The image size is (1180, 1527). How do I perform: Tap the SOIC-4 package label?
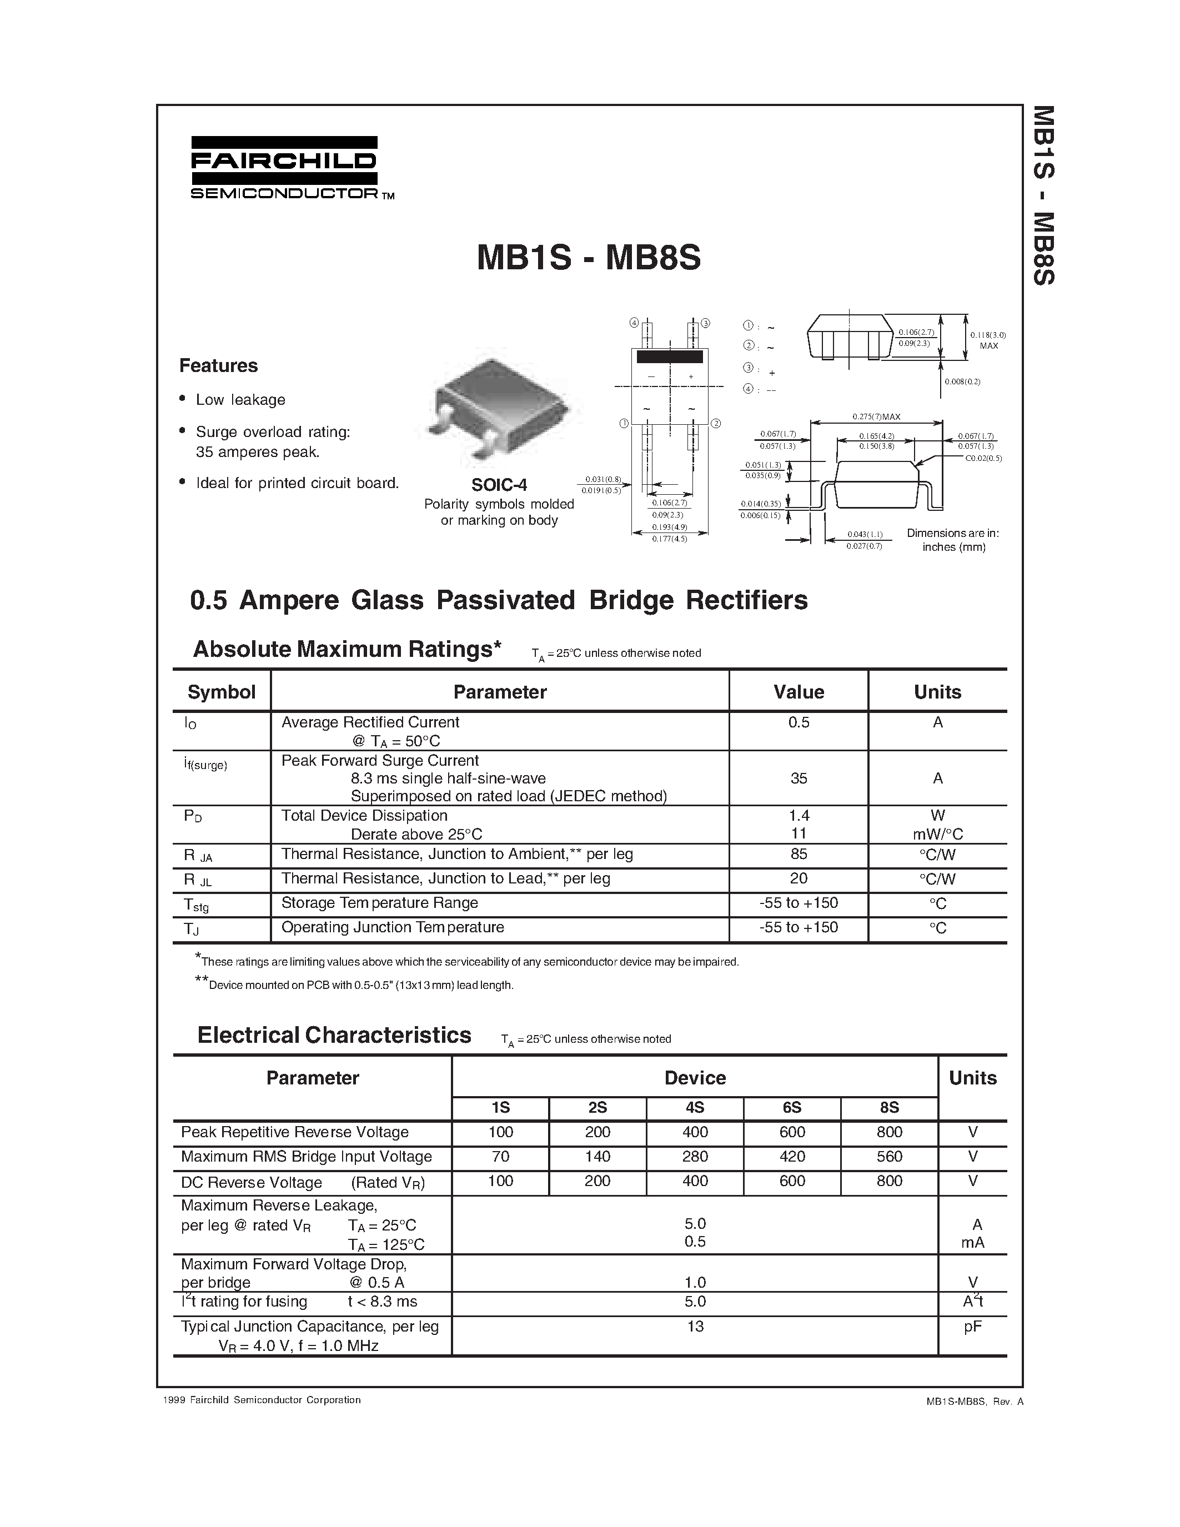pyautogui.click(x=499, y=485)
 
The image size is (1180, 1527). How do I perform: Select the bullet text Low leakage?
pyautogui.click(x=240, y=400)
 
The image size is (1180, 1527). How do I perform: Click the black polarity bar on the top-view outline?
pyautogui.click(x=669, y=357)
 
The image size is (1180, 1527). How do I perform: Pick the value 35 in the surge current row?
pyautogui.click(x=799, y=778)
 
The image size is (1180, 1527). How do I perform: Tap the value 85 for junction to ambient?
pyautogui.click(x=799, y=853)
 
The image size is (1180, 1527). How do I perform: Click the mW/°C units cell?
pyautogui.click(x=937, y=834)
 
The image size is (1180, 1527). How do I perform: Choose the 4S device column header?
pyautogui.click(x=694, y=1108)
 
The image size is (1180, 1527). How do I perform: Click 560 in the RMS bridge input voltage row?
pyautogui.click(x=888, y=1157)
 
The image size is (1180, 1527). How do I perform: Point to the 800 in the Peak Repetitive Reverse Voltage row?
pyautogui.click(x=888, y=1132)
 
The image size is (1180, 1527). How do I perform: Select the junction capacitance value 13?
pyautogui.click(x=695, y=1327)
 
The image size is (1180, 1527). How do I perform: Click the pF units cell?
pyautogui.click(x=972, y=1327)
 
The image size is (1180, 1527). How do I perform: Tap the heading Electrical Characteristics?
pyautogui.click(x=334, y=1036)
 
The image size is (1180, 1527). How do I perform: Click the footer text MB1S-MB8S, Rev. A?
pyautogui.click(x=975, y=1401)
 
